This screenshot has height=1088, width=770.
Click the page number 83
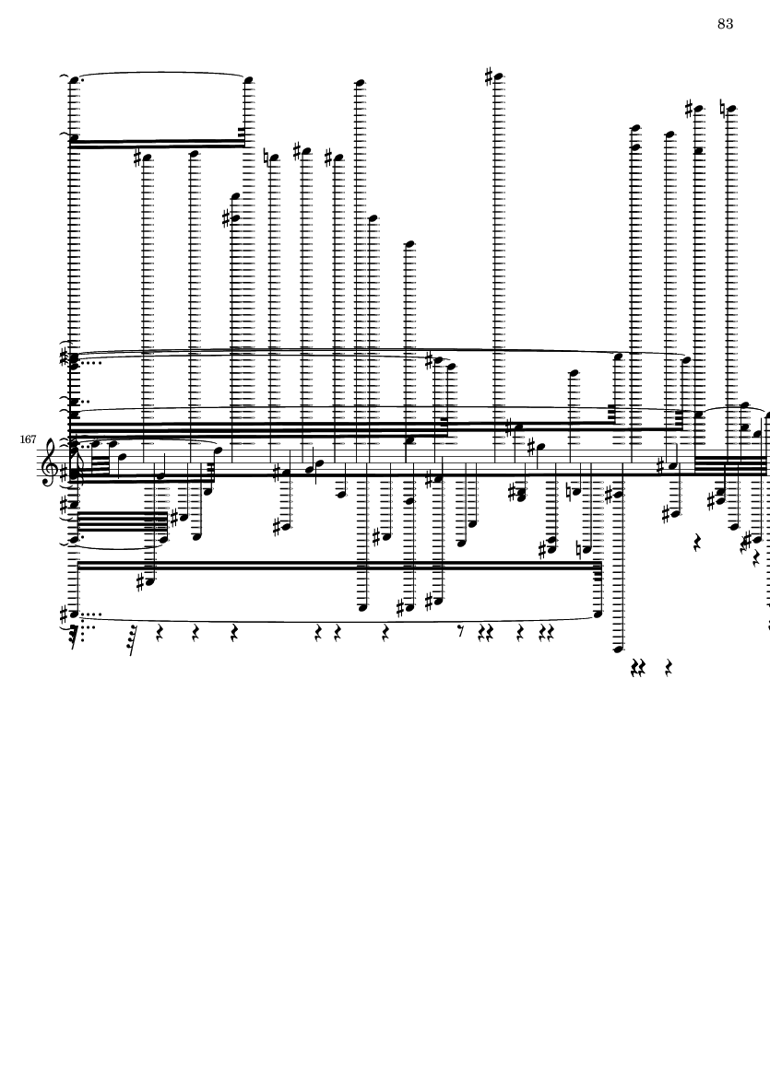725,24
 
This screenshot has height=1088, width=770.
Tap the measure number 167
28,439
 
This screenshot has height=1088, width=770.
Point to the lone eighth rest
460,631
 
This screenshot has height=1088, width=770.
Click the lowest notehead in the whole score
617,649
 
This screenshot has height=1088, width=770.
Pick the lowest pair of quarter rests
637,668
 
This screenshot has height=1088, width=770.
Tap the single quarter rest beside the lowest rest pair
668,668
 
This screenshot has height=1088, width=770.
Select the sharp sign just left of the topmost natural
690,108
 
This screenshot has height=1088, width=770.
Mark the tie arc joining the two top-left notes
160,72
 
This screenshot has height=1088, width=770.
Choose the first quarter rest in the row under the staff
160,632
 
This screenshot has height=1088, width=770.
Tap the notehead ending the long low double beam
598,614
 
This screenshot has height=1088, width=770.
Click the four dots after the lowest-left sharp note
92,614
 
